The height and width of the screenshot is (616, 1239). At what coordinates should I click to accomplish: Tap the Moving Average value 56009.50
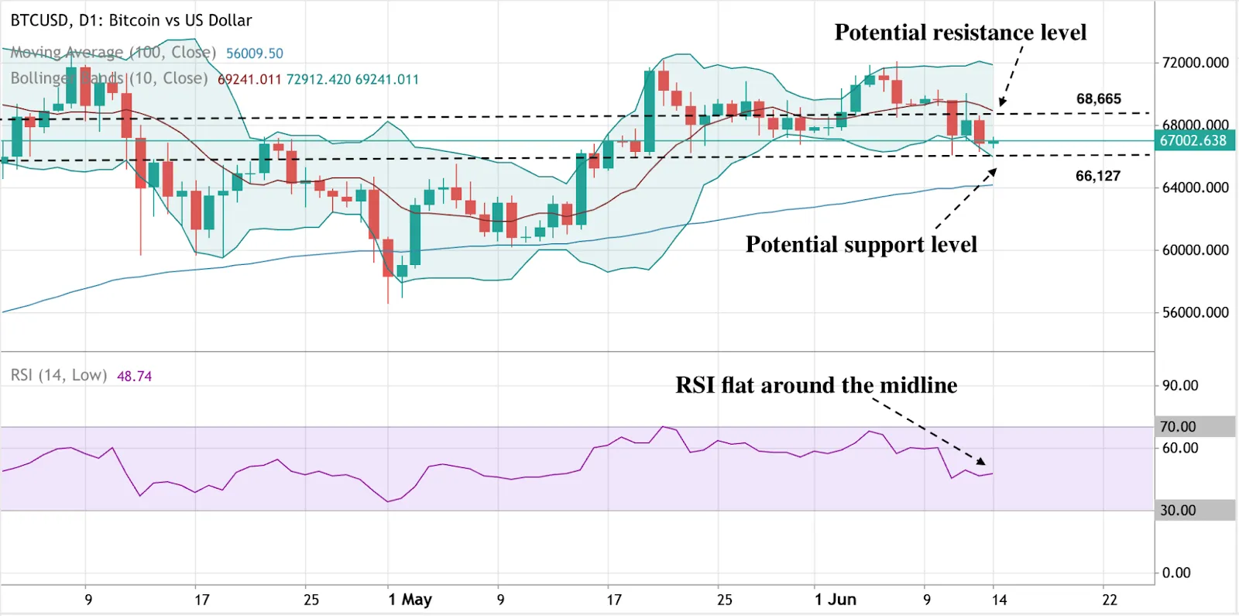(254, 53)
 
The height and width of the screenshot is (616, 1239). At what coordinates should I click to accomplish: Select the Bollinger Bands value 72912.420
(318, 79)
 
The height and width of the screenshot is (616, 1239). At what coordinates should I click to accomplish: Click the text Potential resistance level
(960, 33)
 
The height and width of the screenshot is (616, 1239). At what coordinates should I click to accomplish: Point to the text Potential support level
(861, 245)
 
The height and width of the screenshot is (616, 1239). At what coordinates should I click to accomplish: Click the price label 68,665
(1098, 98)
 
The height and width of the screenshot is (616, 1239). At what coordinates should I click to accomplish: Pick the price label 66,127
(1097, 176)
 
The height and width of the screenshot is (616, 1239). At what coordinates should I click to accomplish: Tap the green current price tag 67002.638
(1193, 140)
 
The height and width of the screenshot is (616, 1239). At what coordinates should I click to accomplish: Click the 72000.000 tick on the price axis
(1195, 63)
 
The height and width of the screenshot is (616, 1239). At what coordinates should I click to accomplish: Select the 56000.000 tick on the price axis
(1195, 312)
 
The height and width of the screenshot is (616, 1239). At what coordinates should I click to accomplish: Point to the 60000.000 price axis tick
(1195, 249)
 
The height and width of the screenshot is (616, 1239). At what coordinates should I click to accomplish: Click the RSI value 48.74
(134, 376)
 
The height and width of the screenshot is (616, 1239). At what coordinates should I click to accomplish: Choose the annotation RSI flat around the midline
(816, 385)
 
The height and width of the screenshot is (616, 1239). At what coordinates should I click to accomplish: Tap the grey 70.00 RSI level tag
(1178, 426)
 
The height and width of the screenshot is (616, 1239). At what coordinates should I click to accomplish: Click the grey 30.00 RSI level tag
(1178, 510)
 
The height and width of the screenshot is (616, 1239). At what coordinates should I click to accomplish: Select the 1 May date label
(410, 599)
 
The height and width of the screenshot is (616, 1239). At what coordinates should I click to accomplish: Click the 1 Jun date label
(835, 599)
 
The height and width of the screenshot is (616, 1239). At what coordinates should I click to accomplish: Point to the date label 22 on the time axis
(1110, 599)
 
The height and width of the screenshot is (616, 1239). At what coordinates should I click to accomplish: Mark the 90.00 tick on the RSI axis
(1179, 385)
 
